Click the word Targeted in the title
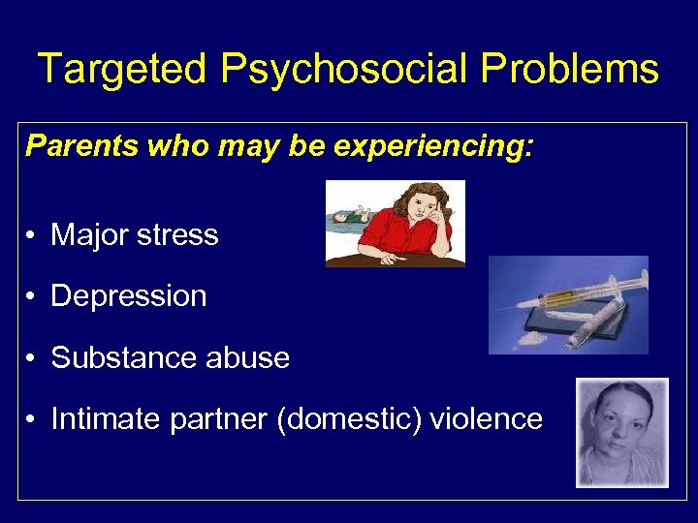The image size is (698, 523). coord(122,70)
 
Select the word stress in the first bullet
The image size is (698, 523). coord(178,234)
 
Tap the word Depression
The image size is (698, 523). coord(129,296)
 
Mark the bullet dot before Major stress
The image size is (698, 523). coord(33,235)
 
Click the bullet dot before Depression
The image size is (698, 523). coord(33,297)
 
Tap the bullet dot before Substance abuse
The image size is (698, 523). coord(33,359)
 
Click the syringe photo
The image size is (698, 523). coord(568,304)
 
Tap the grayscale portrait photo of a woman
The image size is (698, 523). coord(621,432)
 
